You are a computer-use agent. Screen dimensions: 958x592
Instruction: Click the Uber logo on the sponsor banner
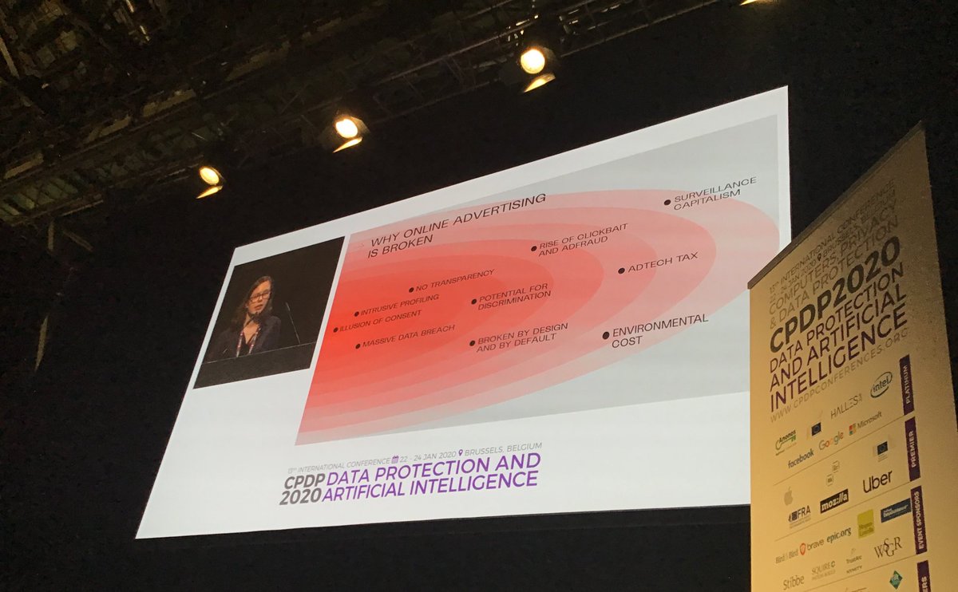[x=877, y=482]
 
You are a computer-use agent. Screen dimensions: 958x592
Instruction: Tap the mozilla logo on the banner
[x=833, y=500]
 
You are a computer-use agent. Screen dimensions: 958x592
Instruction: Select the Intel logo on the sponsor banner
[x=881, y=385]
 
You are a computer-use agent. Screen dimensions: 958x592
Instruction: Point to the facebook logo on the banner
[x=801, y=458]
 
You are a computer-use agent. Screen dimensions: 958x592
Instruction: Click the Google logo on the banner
[x=830, y=440]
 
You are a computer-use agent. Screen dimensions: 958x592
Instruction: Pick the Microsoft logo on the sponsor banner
[x=865, y=423]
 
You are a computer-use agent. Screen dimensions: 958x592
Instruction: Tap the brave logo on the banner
[x=811, y=547]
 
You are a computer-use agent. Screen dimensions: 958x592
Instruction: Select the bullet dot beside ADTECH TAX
[x=621, y=270]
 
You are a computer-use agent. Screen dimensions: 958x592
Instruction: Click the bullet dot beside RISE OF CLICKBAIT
[x=534, y=249]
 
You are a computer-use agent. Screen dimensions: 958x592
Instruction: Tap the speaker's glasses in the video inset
[x=259, y=296]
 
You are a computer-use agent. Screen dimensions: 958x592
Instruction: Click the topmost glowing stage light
[x=532, y=60]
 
